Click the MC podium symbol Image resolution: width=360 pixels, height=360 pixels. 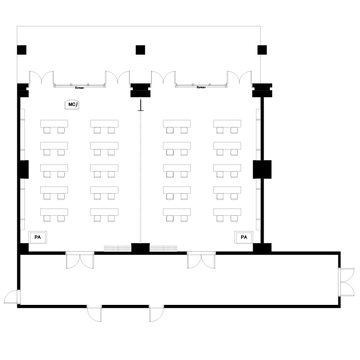coord(72,105)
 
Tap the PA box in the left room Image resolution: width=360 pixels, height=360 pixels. coord(38,237)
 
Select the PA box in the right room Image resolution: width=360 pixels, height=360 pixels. coord(244,237)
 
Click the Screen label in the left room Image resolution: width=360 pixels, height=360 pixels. coord(80,88)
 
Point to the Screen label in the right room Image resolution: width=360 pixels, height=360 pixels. coord(201,87)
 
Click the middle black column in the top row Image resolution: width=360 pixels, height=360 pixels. coord(140,50)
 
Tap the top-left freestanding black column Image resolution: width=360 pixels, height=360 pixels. coord(22,50)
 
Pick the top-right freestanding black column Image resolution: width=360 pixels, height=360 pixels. coord(262,50)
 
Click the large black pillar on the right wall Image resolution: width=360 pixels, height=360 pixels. coord(262,169)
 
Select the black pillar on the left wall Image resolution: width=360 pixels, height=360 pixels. coord(23,169)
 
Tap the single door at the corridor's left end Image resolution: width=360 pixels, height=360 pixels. coord(12,297)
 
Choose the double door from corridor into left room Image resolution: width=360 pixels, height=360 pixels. coord(80,260)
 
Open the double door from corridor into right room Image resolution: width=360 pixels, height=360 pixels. coord(201,260)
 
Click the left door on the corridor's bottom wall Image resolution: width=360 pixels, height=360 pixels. coord(94,314)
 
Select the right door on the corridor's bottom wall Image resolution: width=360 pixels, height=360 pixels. coord(156,314)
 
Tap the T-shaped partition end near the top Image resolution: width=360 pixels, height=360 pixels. coord(140,105)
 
